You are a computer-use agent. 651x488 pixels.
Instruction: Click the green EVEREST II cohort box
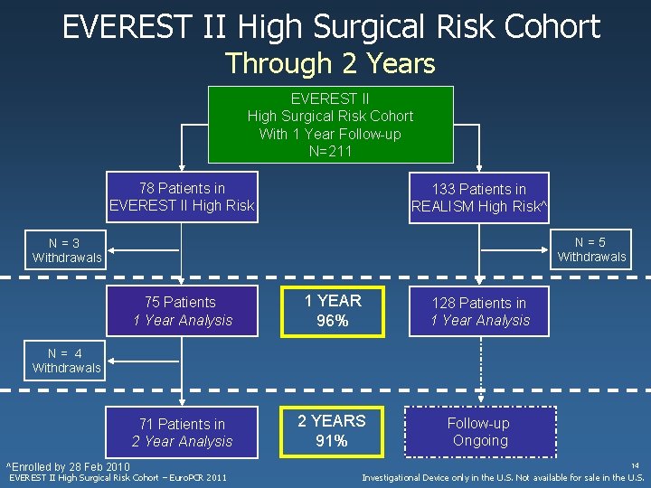[330, 125]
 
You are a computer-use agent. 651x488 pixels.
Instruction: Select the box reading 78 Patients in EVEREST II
[182, 197]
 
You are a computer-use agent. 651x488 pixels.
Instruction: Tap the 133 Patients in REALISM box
[479, 198]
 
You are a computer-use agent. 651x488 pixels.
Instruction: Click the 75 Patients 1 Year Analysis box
[182, 311]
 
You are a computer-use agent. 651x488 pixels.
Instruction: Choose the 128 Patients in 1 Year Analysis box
[479, 312]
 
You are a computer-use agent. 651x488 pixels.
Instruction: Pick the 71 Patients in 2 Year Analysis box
[182, 432]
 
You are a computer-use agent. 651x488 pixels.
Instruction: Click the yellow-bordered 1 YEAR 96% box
[332, 311]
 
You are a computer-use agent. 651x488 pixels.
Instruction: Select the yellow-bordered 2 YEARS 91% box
[332, 431]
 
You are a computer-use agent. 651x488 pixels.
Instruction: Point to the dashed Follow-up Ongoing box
[479, 432]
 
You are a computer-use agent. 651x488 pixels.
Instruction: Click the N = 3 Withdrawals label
[66, 250]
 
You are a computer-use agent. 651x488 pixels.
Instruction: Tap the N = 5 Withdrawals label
[591, 249]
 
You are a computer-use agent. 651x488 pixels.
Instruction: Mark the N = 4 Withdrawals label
[66, 361]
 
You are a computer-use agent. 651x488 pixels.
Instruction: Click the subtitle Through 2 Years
[330, 64]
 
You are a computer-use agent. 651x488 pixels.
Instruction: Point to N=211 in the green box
[330, 152]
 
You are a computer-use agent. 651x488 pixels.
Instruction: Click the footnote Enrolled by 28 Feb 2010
[68, 466]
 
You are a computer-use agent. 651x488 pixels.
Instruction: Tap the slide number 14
[636, 465]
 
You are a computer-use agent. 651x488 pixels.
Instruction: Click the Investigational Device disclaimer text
[503, 477]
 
